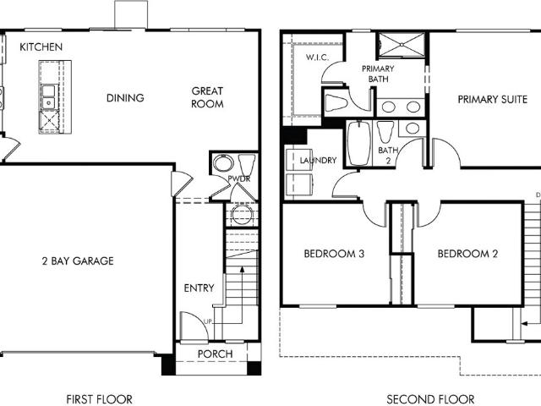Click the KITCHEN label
click(x=41, y=47)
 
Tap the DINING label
click(x=125, y=98)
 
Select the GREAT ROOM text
click(x=207, y=97)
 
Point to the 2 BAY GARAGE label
click(x=78, y=261)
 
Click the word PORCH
click(x=216, y=354)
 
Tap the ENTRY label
click(x=199, y=288)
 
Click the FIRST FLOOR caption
click(x=99, y=399)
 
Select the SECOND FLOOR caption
click(x=430, y=399)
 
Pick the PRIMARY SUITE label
click(x=492, y=100)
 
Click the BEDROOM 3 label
click(x=334, y=254)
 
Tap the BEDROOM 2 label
click(x=467, y=254)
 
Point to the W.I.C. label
click(x=317, y=58)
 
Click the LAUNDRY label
click(x=318, y=160)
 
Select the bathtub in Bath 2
click(x=358, y=143)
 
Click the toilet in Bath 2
click(x=385, y=132)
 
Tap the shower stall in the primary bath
click(x=402, y=45)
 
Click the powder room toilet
click(x=247, y=165)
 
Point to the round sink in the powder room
click(x=223, y=163)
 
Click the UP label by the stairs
click(x=208, y=321)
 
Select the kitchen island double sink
click(x=49, y=97)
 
